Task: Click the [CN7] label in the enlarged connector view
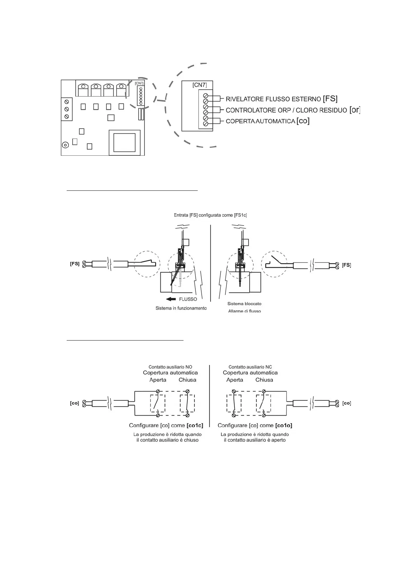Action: pos(200,85)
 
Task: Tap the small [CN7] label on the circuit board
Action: pos(139,83)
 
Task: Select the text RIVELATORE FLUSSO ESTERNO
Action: pos(273,99)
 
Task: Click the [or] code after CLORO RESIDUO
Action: pos(354,110)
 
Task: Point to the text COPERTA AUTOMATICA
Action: pos(260,121)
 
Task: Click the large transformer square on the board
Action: pos(124,142)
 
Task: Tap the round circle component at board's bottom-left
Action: pos(65,144)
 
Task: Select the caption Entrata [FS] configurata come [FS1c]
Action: pos(210,215)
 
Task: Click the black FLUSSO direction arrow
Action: pos(171,299)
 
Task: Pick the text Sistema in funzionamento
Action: pos(181,308)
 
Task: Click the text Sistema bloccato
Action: pos(244,304)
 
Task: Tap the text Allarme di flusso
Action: pos(244,311)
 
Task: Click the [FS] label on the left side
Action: pos(75,264)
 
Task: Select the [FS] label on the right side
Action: pos(346,265)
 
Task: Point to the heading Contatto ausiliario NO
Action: pos(170,367)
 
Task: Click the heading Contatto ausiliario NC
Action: pos(250,367)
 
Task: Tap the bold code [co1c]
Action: pos(195,426)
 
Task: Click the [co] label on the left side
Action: pos(74,403)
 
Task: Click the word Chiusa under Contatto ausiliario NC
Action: pos(264,380)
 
